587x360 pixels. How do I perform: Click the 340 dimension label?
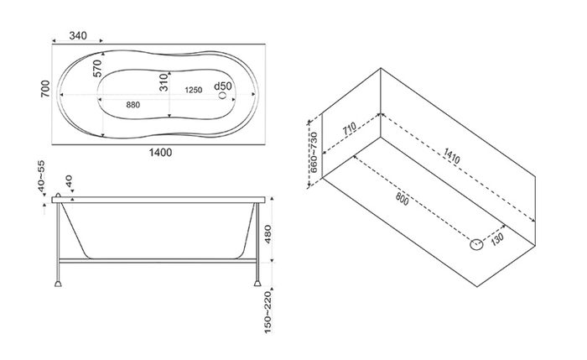tap(78, 35)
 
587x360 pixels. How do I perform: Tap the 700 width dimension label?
tap(45, 89)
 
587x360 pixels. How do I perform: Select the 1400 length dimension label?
tap(161, 153)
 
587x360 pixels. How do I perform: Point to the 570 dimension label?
tap(97, 68)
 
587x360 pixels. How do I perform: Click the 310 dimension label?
tap(164, 82)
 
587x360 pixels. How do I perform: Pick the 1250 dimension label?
tap(194, 90)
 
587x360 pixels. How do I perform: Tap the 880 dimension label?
tap(132, 105)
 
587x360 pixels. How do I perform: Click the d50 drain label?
tap(223, 86)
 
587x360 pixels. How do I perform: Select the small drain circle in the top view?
tap(223, 95)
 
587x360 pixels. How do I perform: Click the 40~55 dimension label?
tap(41, 176)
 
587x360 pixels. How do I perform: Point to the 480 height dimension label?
tap(268, 234)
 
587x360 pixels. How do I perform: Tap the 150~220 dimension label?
tap(268, 312)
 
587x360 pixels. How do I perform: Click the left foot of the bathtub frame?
tap(58, 284)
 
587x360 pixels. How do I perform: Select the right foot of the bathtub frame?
tap(257, 284)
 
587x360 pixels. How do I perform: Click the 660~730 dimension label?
tap(314, 152)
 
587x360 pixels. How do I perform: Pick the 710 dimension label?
tap(350, 129)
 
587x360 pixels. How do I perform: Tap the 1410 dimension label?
tap(451, 155)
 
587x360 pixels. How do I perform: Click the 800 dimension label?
tap(402, 198)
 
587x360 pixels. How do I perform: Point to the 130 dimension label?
tap(497, 239)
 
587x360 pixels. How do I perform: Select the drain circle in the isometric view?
tap(476, 245)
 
